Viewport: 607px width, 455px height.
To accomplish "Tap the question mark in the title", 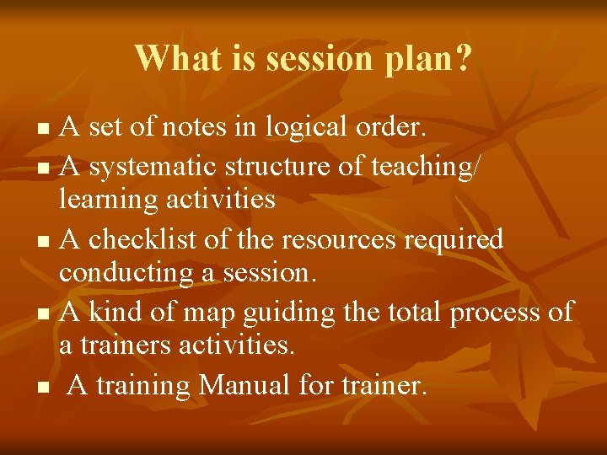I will click(x=463, y=58).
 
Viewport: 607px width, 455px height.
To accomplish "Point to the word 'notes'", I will click(x=210, y=128).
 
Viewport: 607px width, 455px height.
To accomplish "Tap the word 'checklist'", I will click(x=145, y=239).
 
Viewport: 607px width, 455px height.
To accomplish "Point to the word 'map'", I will click(x=212, y=313).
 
